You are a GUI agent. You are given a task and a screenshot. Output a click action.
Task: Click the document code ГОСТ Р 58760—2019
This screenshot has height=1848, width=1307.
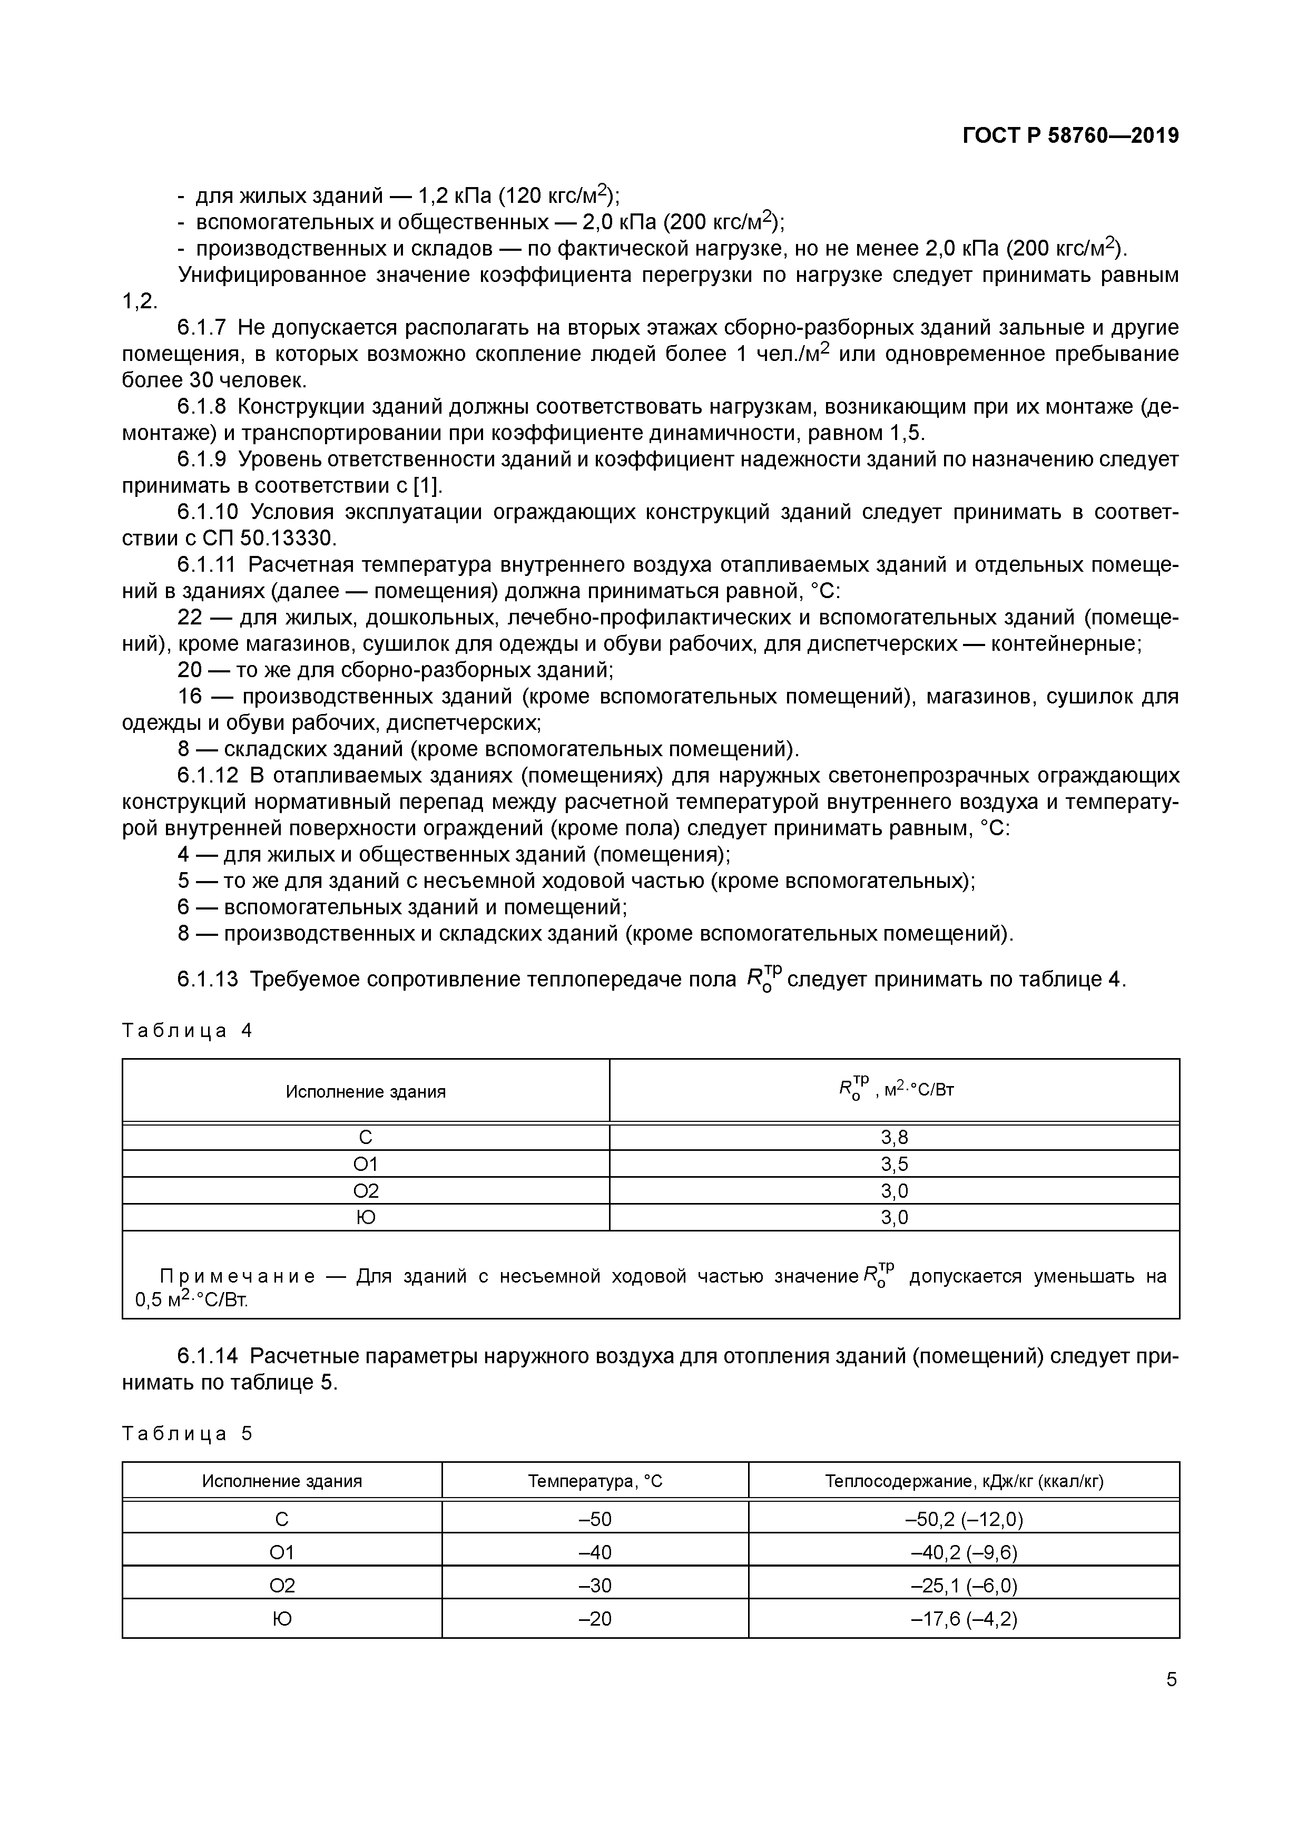point(1070,136)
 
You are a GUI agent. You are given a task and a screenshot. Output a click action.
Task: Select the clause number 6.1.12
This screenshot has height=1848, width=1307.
point(208,776)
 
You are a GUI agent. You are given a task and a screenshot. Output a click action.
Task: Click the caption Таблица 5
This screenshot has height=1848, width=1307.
point(186,1433)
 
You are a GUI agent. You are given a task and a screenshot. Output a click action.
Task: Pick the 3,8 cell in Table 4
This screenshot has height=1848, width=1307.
point(894,1137)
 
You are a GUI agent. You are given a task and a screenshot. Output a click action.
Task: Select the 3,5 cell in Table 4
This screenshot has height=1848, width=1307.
point(894,1164)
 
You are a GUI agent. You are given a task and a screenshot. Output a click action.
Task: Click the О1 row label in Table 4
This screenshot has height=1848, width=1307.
point(366,1164)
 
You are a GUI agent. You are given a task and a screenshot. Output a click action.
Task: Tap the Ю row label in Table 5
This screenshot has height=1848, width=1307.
point(282,1619)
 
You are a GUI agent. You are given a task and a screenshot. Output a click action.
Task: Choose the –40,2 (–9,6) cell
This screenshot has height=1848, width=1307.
point(964,1552)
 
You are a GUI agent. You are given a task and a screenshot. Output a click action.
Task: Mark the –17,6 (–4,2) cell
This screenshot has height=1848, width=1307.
point(964,1619)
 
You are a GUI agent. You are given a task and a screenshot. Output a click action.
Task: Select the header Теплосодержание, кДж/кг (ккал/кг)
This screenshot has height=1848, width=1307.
point(964,1481)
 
